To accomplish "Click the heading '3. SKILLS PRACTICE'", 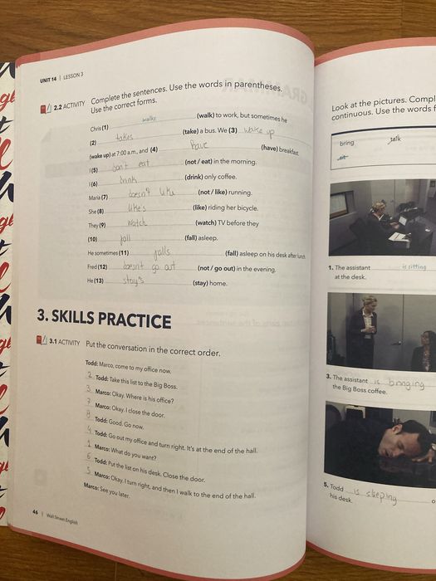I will click(x=105, y=318).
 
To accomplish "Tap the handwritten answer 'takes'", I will click(x=124, y=138).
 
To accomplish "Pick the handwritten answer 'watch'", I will click(x=137, y=223).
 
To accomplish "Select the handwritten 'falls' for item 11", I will click(x=161, y=252).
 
